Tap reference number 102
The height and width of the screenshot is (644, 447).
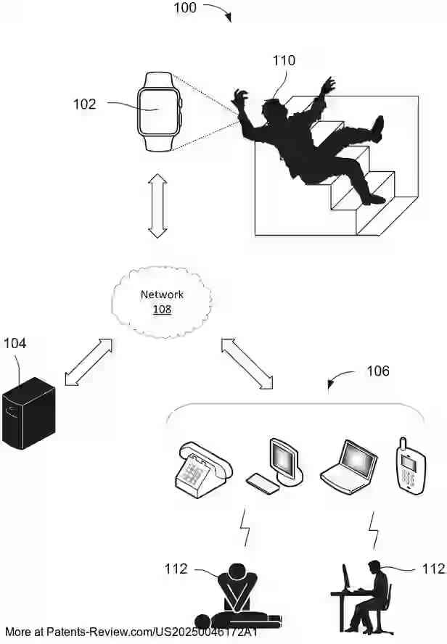84,104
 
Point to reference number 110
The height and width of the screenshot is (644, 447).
284,61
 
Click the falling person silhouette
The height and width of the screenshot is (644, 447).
308,141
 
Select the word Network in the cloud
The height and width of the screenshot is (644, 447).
162,294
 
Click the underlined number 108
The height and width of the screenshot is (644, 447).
162,309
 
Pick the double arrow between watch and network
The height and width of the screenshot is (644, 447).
157,205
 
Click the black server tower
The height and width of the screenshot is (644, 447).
28,414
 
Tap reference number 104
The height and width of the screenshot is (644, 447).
15,343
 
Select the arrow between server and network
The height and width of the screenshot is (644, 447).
89,360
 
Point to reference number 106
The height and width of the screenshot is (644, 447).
377,371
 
